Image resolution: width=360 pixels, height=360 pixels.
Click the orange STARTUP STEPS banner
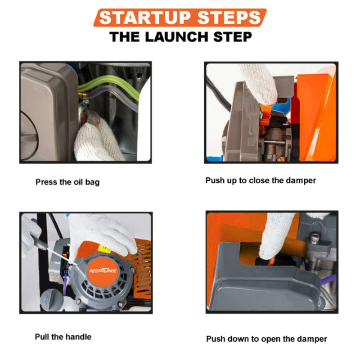(180, 18)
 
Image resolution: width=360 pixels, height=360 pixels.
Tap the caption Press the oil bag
(67, 182)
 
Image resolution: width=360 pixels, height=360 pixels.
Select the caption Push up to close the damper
(261, 180)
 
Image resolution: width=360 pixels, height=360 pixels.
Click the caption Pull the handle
(63, 337)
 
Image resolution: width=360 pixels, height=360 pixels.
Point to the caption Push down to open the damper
(266, 339)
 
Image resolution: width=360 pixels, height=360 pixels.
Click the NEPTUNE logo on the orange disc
(103, 271)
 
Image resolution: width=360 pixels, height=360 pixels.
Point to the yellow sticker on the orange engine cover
(104, 248)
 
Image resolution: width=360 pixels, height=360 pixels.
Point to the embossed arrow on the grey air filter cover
(251, 128)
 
